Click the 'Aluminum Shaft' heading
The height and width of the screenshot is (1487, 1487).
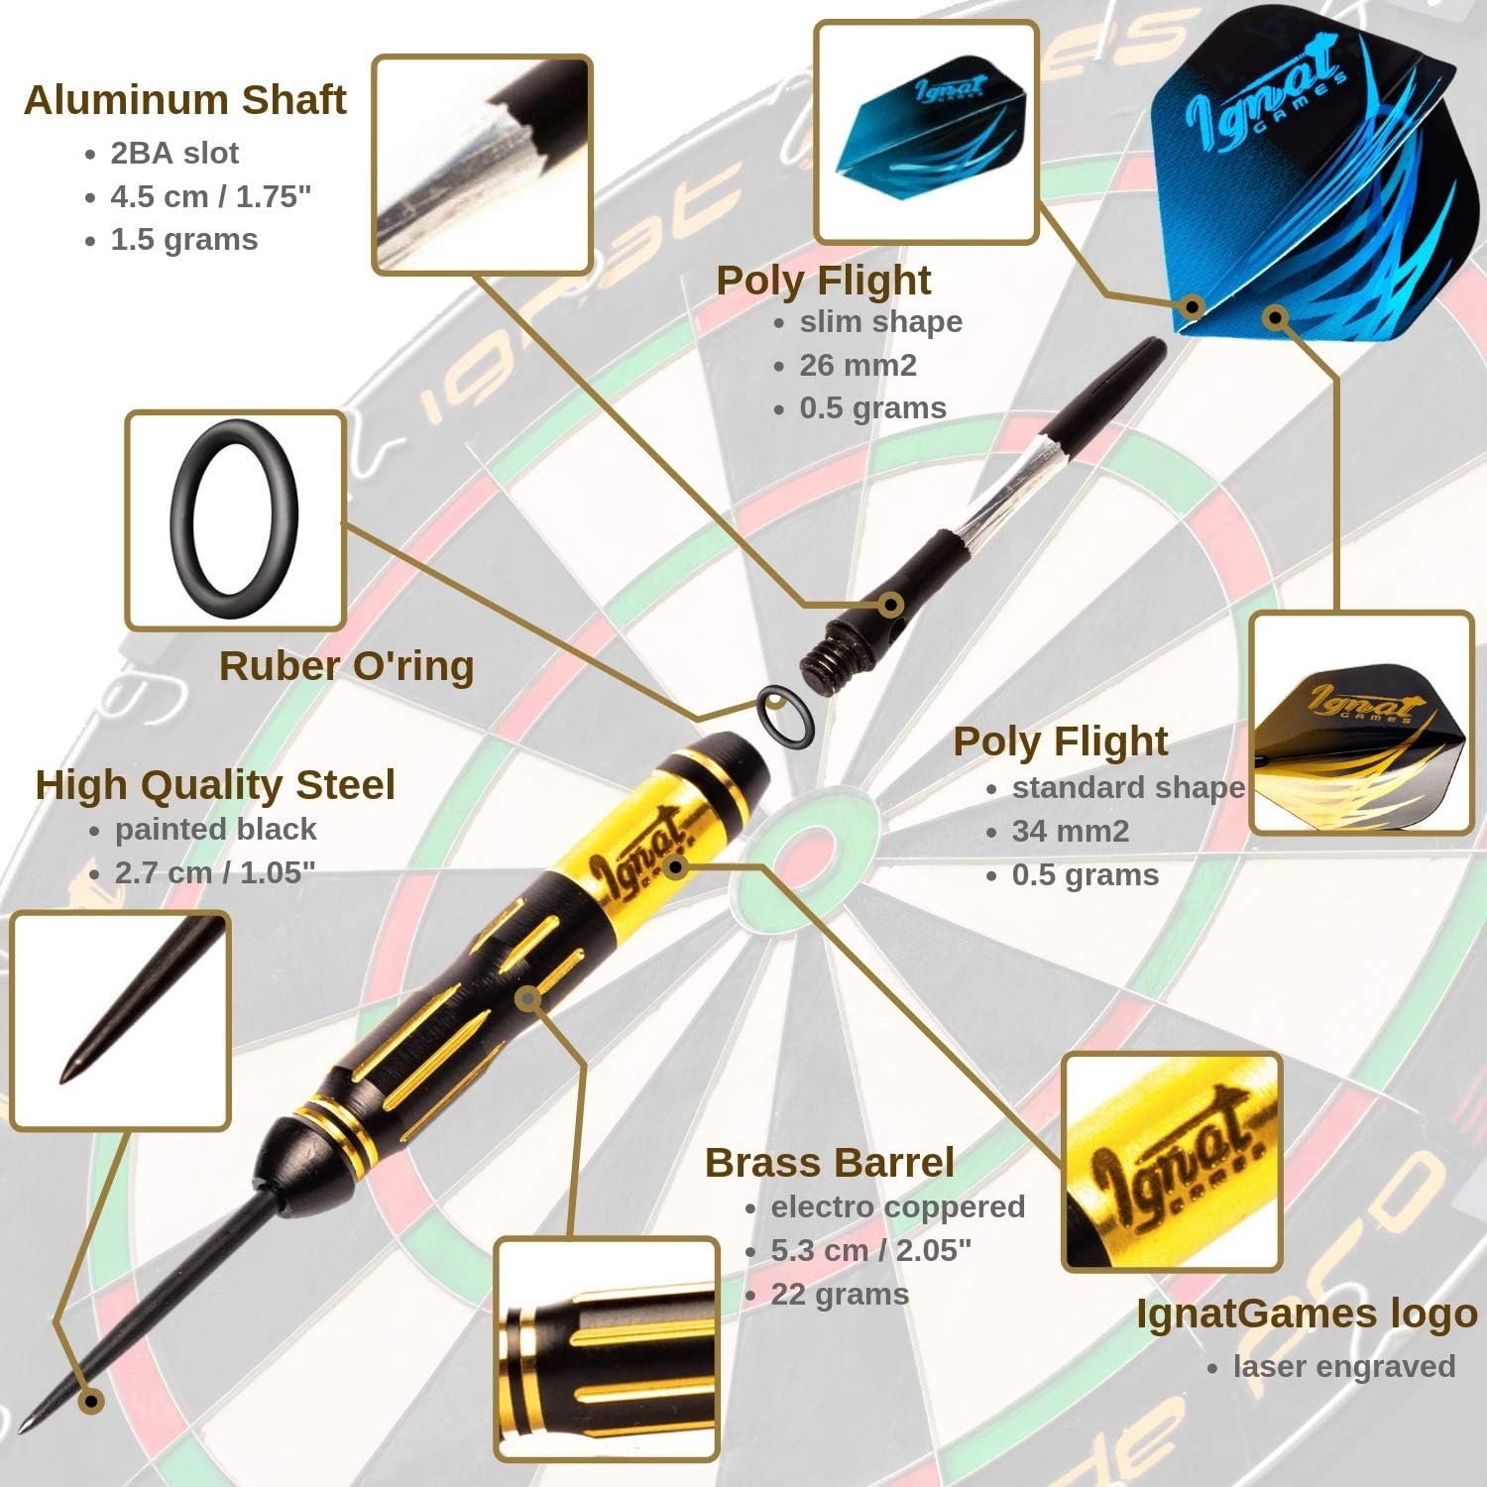pos(185,100)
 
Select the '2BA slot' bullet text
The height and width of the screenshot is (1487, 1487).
pos(174,153)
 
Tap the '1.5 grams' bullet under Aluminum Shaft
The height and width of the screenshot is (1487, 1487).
pos(183,240)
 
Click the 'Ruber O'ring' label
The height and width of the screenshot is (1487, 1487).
pos(346,666)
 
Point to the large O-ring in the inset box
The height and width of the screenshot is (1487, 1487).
pos(234,520)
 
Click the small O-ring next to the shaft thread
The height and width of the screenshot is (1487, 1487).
pos(785,716)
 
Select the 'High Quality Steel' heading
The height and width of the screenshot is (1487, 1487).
pos(215,785)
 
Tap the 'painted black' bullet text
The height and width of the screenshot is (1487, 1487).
pos(215,829)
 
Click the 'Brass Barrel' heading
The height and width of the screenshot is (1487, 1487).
pos(830,1163)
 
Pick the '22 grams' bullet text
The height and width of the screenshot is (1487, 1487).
pos(840,1295)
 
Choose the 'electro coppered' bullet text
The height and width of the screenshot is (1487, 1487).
pos(897,1207)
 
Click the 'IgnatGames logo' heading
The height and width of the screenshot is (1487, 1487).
pos(1306,1314)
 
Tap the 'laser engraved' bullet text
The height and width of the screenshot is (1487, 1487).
pos(1343,1367)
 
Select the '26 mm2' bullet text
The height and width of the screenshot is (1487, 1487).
pos(858,366)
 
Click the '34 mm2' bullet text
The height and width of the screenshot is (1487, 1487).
pos(1071,832)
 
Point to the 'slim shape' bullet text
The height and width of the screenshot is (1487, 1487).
pos(880,322)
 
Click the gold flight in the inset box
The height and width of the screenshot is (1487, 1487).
pos(1361,723)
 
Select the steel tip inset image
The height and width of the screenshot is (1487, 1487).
pos(120,1021)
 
